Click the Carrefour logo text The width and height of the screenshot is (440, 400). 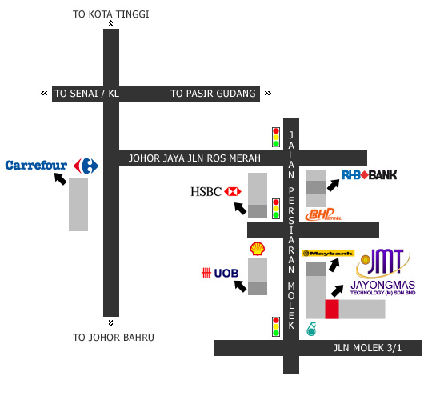coord(36,166)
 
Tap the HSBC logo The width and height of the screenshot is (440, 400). coord(216,192)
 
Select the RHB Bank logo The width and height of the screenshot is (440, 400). coord(370,175)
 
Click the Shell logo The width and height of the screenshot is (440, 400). coord(258,249)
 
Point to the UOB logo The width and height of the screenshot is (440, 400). coord(220,273)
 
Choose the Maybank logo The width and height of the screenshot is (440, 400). coord(328,254)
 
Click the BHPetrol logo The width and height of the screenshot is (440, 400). coord(323,214)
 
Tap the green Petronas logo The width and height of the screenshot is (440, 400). coord(311,329)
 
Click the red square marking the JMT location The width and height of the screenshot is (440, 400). coord(332,309)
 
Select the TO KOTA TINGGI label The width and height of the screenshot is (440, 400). coord(111,14)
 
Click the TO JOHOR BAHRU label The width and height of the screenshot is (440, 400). coord(114,337)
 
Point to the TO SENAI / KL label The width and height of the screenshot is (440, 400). coord(86,94)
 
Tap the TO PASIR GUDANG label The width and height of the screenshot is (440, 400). coord(213,94)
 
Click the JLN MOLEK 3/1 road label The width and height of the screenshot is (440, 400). coord(367,348)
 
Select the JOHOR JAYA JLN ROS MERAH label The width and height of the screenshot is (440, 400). coord(194,158)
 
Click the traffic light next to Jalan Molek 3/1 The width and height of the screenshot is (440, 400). coord(276,326)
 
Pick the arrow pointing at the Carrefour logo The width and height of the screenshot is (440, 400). coord(60,179)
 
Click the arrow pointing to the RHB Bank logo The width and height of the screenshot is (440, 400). coord(333,186)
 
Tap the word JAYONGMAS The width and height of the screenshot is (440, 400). coord(382,285)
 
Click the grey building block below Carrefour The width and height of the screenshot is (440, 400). coord(78,204)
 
